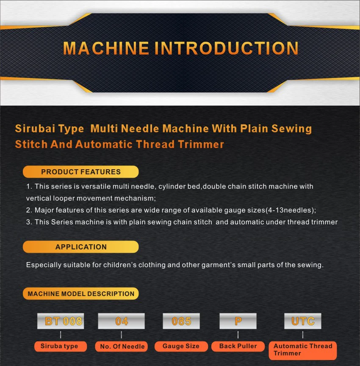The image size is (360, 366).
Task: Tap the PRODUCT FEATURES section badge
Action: [80, 172]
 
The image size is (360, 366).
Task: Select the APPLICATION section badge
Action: [80, 247]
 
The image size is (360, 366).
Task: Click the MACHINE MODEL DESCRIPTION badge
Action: [80, 293]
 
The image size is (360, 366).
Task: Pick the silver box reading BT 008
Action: [61, 321]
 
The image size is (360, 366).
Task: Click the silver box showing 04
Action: [122, 321]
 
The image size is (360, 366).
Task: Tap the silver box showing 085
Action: [181, 321]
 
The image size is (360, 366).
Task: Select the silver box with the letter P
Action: [238, 321]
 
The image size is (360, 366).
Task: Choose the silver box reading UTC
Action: [302, 321]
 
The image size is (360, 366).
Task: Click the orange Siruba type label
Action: [59, 346]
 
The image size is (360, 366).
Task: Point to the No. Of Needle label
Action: [122, 346]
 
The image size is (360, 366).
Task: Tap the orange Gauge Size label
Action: [181, 346]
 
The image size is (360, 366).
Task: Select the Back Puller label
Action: [238, 346]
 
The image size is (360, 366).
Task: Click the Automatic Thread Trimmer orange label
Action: [302, 350]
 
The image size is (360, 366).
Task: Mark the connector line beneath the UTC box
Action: [302, 335]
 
